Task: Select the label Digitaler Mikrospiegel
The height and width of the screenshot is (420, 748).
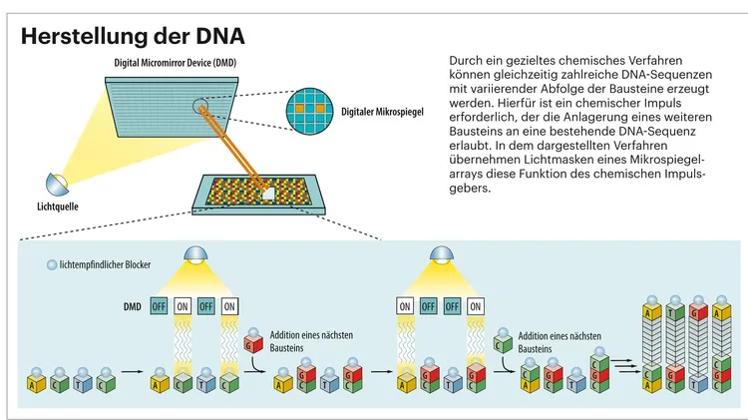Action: point(385,112)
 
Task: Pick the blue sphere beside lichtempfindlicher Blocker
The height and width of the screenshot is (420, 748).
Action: point(52,265)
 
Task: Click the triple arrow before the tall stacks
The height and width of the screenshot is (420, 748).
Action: point(624,365)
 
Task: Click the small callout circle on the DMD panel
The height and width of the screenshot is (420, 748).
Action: point(203,104)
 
